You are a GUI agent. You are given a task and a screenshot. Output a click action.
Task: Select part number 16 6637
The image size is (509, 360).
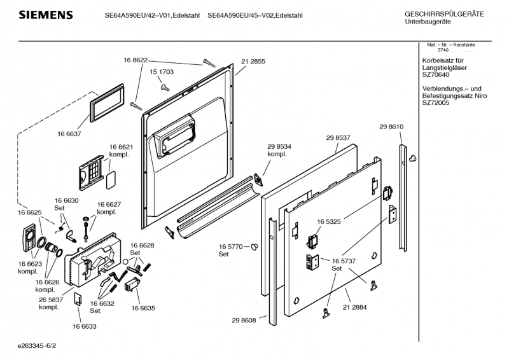tap(70, 134)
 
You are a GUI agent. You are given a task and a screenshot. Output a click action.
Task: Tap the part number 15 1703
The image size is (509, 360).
tap(162, 73)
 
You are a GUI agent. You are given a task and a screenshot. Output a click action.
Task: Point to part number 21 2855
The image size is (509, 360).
tap(253, 62)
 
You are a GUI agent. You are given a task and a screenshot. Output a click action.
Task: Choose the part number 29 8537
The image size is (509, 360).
tap(339, 138)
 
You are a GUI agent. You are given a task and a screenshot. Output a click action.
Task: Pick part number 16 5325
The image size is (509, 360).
tap(328, 222)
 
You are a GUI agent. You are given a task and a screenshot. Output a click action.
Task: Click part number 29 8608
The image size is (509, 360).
tap(244, 320)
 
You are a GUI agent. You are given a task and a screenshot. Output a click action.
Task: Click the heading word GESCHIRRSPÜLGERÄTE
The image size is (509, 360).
tap(444, 14)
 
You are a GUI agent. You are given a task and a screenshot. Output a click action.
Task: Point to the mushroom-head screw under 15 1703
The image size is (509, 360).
tap(164, 87)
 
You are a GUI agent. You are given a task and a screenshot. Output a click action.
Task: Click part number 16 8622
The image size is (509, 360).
tap(136, 60)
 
